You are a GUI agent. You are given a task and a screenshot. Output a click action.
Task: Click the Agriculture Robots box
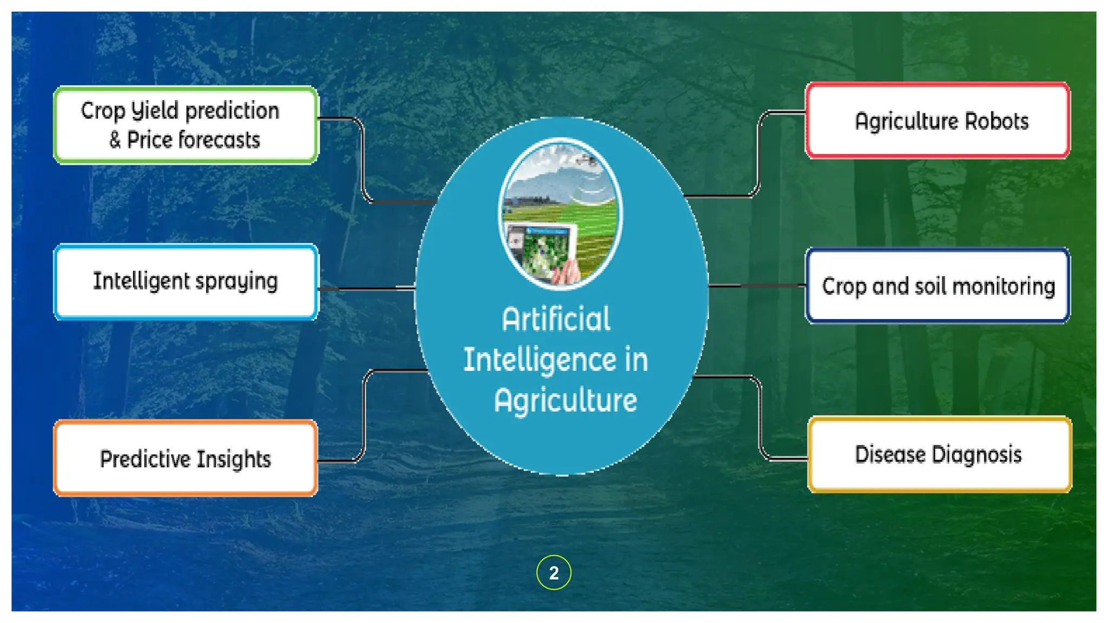(938, 121)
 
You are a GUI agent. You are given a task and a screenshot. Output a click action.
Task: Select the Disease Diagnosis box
(940, 454)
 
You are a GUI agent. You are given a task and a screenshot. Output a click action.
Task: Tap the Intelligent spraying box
(186, 282)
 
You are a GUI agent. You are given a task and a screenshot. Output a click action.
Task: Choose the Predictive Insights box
(186, 459)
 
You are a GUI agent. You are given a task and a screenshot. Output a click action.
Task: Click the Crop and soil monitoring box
(938, 286)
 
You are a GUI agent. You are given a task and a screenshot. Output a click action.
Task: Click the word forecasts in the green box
(219, 140)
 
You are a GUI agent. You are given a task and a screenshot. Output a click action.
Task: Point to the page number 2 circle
(553, 572)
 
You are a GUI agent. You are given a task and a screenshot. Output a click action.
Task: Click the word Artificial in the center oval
(556, 319)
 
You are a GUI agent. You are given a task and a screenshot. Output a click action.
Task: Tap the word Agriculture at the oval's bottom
(565, 400)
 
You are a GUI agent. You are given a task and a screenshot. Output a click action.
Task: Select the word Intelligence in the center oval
(539, 360)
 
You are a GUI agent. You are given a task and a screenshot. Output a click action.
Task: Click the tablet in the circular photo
(541, 251)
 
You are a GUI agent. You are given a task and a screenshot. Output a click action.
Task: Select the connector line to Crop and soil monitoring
(757, 286)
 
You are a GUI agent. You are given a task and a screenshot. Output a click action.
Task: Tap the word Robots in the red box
(997, 121)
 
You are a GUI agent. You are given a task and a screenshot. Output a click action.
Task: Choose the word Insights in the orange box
(233, 459)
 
